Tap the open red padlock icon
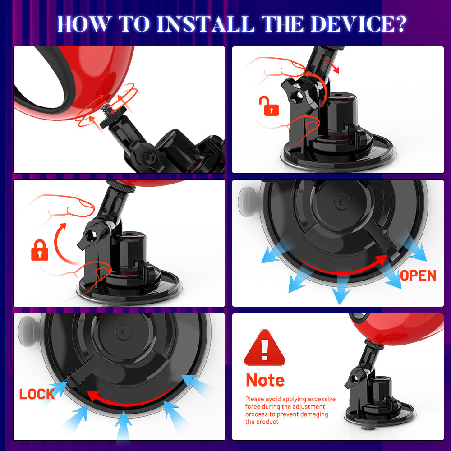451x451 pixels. click(x=269, y=106)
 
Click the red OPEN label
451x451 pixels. click(x=418, y=276)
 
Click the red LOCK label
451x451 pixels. click(x=37, y=394)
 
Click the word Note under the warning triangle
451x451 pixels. click(x=265, y=380)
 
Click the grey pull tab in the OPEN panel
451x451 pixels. click(x=248, y=198)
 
